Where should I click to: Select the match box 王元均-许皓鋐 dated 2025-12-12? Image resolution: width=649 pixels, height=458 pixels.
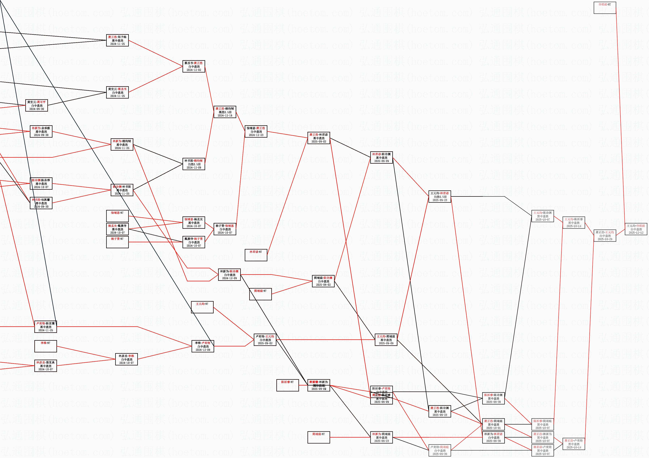point(636,229)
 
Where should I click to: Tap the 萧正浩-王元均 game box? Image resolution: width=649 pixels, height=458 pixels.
point(605,236)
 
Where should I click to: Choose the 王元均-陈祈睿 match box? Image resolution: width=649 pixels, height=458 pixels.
point(574,223)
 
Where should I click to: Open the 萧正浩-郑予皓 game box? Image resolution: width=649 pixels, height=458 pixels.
point(117,40)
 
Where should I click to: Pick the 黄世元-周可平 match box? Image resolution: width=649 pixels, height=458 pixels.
point(37,105)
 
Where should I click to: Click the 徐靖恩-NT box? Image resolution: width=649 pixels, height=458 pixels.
point(117,216)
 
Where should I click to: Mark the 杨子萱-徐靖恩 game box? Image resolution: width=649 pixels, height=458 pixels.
point(225,229)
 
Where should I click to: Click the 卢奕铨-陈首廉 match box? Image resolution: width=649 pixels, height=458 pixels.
point(46,327)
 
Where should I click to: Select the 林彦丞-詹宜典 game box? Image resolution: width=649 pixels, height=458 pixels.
point(46,366)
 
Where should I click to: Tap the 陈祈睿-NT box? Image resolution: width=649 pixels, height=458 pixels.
point(287,385)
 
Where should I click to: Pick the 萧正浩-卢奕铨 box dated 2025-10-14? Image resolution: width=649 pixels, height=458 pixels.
point(574,444)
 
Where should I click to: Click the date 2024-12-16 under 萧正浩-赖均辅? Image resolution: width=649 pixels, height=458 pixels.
point(225,116)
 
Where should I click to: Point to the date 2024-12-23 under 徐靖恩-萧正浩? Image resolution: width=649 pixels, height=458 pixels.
point(256,135)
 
